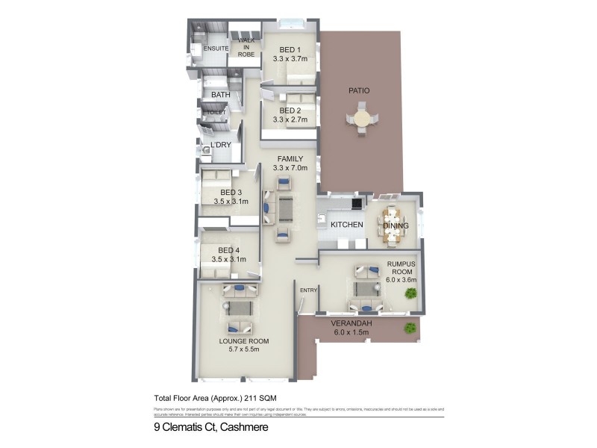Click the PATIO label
359,90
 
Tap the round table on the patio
362,119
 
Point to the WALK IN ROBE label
246,46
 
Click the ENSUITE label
205,49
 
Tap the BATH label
220,95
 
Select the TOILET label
216,113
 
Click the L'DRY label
221,144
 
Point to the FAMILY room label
290,159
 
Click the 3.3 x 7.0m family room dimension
290,169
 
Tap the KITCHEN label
347,225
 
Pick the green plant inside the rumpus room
410,294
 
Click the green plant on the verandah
409,328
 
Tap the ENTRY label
308,290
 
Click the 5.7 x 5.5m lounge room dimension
244,350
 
